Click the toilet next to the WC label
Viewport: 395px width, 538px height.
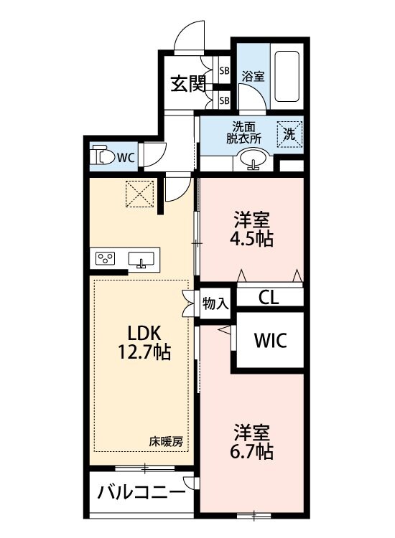(103, 156)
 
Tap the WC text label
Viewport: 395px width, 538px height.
(126, 156)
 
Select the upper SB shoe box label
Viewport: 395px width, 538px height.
(224, 71)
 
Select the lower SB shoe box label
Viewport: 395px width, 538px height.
(224, 100)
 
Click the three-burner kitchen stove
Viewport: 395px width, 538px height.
(106, 259)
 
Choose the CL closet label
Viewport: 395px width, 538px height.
(269, 298)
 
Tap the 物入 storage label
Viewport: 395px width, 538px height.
(215, 303)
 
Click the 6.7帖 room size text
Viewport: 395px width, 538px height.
(254, 451)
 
